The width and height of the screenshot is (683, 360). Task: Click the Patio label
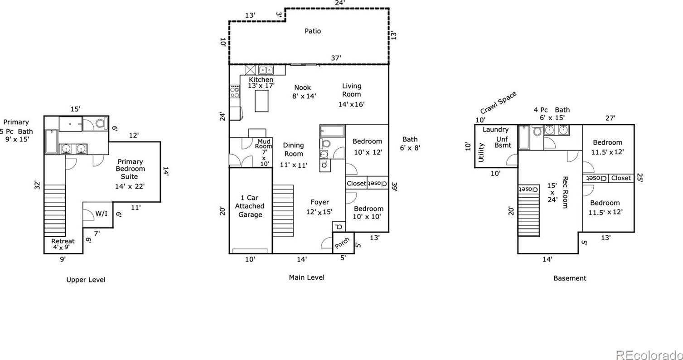coord(313,31)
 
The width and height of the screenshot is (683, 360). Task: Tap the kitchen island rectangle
coord(262,101)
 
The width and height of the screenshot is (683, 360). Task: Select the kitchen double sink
coord(266,70)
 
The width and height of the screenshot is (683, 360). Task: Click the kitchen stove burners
coord(234,92)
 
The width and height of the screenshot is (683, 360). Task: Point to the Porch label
coord(342,243)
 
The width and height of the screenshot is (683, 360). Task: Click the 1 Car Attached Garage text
coord(250,206)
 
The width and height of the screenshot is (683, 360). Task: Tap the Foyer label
coord(320,202)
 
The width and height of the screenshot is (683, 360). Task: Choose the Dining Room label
coord(293,150)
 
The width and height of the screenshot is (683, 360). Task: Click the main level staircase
coord(283,211)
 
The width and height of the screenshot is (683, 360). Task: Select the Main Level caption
coord(306,277)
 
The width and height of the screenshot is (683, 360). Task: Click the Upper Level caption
coord(86,280)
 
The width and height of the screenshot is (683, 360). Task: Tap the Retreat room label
coord(63,241)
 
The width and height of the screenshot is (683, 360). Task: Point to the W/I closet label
coord(101,213)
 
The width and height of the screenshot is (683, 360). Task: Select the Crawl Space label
coord(498,102)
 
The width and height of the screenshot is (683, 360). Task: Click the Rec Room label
coord(565,192)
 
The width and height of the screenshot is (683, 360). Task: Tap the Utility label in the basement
coord(481,152)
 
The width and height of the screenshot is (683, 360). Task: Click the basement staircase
coord(529,215)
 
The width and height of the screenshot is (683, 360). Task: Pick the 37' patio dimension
coord(336,58)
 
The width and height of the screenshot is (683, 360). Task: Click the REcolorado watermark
coord(649,355)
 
